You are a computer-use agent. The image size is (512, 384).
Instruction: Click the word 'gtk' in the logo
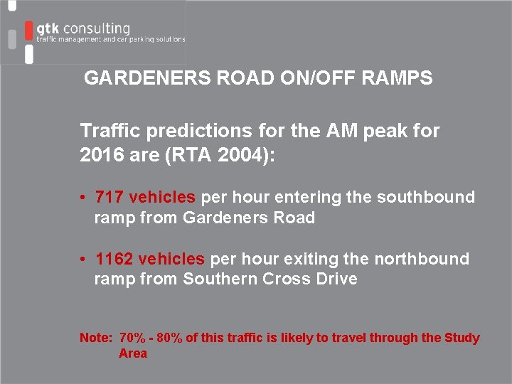tap(48, 28)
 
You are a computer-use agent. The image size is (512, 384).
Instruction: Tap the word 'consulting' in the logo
tap(97, 28)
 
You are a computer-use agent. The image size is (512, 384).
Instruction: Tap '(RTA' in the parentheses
tap(208, 154)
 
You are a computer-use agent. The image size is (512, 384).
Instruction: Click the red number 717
tap(110, 197)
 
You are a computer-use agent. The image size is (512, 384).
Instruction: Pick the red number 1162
tap(114, 259)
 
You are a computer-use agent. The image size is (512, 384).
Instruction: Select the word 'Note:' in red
tap(96, 338)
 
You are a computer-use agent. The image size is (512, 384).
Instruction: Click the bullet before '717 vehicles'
tap(84, 198)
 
